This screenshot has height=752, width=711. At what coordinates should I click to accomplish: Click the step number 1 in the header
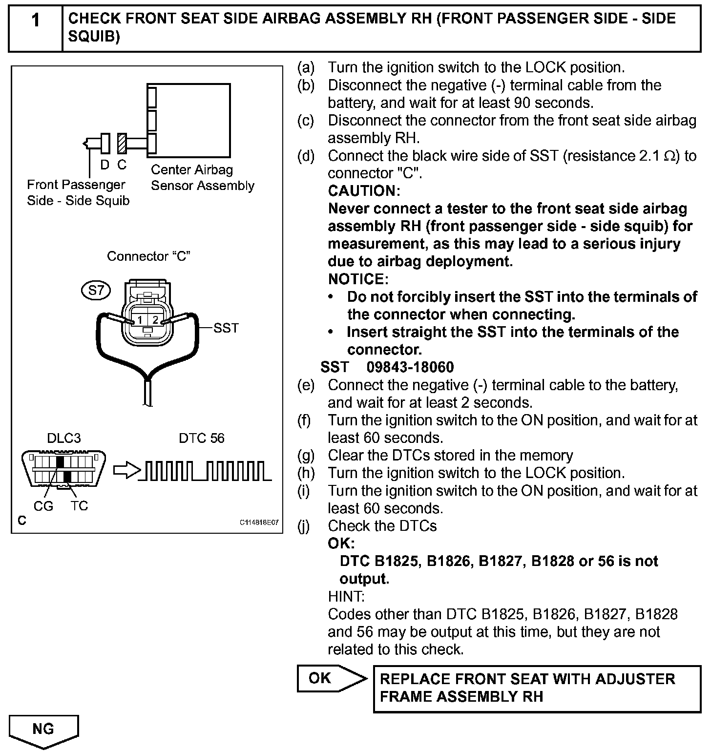point(35,21)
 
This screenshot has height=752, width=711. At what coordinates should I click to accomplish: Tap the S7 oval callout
point(96,291)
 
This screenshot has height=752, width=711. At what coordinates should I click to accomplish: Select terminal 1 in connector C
point(140,320)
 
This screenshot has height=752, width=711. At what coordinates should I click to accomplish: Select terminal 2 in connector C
point(155,320)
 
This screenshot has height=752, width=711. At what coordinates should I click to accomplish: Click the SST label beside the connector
point(226,328)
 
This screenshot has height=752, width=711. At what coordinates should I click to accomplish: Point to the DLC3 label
point(64,438)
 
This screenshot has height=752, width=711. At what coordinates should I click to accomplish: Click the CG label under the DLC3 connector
point(43,506)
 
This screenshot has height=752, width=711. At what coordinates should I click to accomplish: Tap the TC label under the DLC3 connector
point(79,506)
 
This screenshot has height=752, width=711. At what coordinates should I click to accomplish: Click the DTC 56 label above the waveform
point(202,438)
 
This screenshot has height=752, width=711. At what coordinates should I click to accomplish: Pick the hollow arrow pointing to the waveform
point(126,471)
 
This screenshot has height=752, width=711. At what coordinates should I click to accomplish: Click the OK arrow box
point(331,678)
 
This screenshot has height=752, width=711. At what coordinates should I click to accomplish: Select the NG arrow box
point(43,731)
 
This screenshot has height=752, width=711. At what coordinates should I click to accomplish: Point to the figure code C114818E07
point(259,522)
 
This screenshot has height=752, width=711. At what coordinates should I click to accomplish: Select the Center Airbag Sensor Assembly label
point(202,178)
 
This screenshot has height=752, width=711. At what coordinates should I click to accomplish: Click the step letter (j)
point(304,526)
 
